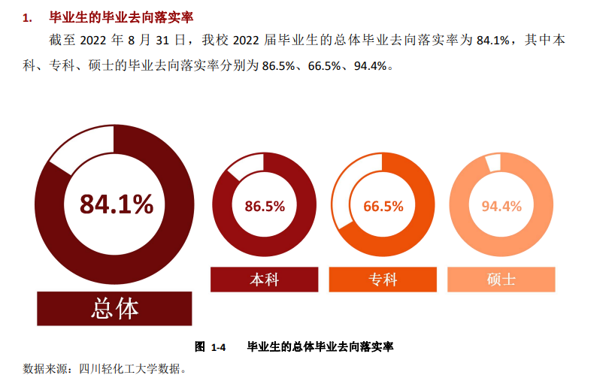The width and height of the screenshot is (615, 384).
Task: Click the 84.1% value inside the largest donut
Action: tap(117, 204)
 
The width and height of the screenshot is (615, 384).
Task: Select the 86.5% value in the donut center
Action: tap(265, 207)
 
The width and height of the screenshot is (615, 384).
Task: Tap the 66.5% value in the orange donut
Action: tap(383, 207)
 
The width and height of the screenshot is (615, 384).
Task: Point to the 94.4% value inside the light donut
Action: tap(501, 207)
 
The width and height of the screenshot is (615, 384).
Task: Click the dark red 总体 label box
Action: tap(115, 308)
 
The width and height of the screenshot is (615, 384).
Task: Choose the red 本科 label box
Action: tap(265, 280)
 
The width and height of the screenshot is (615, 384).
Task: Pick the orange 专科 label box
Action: tap(383, 280)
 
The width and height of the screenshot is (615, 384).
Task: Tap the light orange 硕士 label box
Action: tap(501, 280)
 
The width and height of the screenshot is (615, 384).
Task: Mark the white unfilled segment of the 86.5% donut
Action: tap(244, 168)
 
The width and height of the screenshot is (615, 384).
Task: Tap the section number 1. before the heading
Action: tap(28, 17)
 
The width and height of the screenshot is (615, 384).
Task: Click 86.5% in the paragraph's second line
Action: tap(277, 66)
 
